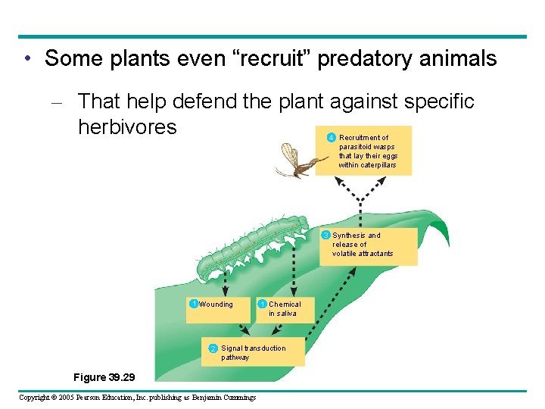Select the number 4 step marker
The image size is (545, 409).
pos(332,137)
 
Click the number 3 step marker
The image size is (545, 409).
pos(326,236)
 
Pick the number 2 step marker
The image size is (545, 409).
pos(213,348)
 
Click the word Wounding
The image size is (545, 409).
pos(216,304)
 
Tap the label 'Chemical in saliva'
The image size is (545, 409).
pos(284,308)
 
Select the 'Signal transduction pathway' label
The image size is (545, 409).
pos(253,352)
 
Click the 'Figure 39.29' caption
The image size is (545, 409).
pos(104,376)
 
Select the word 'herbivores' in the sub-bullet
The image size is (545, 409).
pos(127,126)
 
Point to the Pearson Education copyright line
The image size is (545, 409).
pos(137,398)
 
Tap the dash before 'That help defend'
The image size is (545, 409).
pos(62,101)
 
